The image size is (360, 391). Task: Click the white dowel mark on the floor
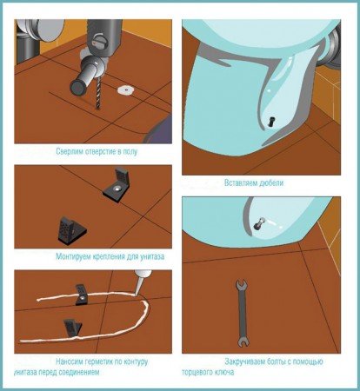pyautogui.click(x=126, y=89)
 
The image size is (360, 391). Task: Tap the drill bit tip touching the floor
pyautogui.click(x=97, y=109)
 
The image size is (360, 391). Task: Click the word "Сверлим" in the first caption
pyautogui.click(x=70, y=151)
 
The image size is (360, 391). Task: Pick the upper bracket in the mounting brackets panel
pyautogui.click(x=117, y=185)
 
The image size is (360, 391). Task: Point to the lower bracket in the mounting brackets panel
pyautogui.click(x=72, y=229)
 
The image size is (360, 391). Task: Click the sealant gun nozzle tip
pyautogui.click(x=136, y=295)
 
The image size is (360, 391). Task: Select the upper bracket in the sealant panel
pyautogui.click(x=82, y=295)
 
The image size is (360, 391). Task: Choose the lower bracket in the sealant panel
pyautogui.click(x=72, y=328)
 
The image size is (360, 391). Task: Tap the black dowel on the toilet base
pyautogui.click(x=271, y=121)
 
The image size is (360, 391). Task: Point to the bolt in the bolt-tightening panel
pyautogui.click(x=259, y=223)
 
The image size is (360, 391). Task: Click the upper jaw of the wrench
pyautogui.click(x=241, y=284)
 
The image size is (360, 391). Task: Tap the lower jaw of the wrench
pyautogui.click(x=243, y=341)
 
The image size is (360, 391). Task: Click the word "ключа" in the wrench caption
pyautogui.click(x=224, y=372)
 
